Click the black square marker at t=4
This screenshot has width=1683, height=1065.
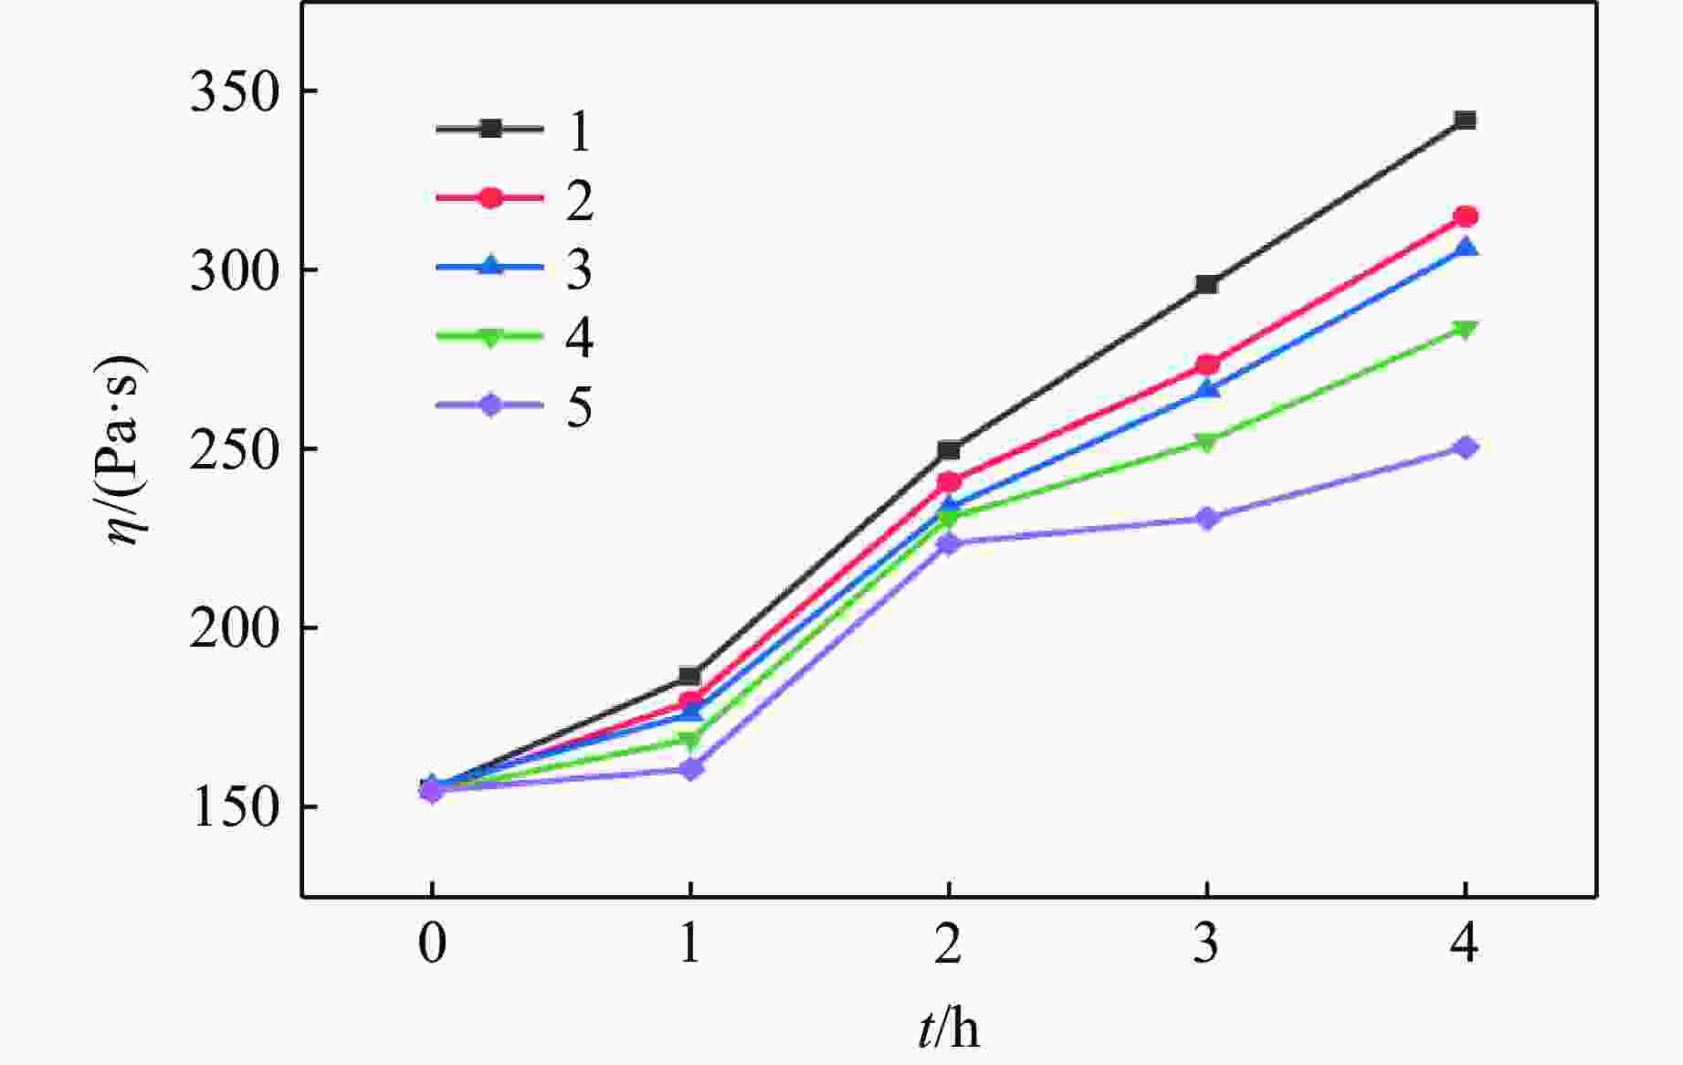coord(1465,121)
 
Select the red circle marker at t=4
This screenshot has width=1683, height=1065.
coord(1465,216)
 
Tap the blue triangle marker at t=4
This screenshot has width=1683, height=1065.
coord(1465,248)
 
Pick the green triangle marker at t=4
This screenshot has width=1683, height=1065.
coord(1465,329)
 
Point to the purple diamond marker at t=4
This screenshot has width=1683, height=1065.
coord(1465,448)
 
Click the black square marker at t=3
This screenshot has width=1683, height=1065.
coord(1206,284)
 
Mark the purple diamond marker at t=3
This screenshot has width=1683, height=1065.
coord(1206,519)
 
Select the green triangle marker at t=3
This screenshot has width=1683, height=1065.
coord(1206,443)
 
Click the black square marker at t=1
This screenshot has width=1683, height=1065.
coord(689,677)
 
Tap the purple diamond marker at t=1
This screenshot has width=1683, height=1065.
coord(690,769)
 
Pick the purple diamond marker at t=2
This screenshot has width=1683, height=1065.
coord(949,543)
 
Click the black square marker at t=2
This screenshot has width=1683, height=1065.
coord(949,450)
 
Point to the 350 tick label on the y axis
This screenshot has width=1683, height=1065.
coord(232,93)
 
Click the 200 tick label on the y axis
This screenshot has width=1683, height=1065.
coord(232,630)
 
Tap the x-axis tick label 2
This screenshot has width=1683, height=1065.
coord(948,943)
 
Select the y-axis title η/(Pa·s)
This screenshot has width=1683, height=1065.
coord(124,449)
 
